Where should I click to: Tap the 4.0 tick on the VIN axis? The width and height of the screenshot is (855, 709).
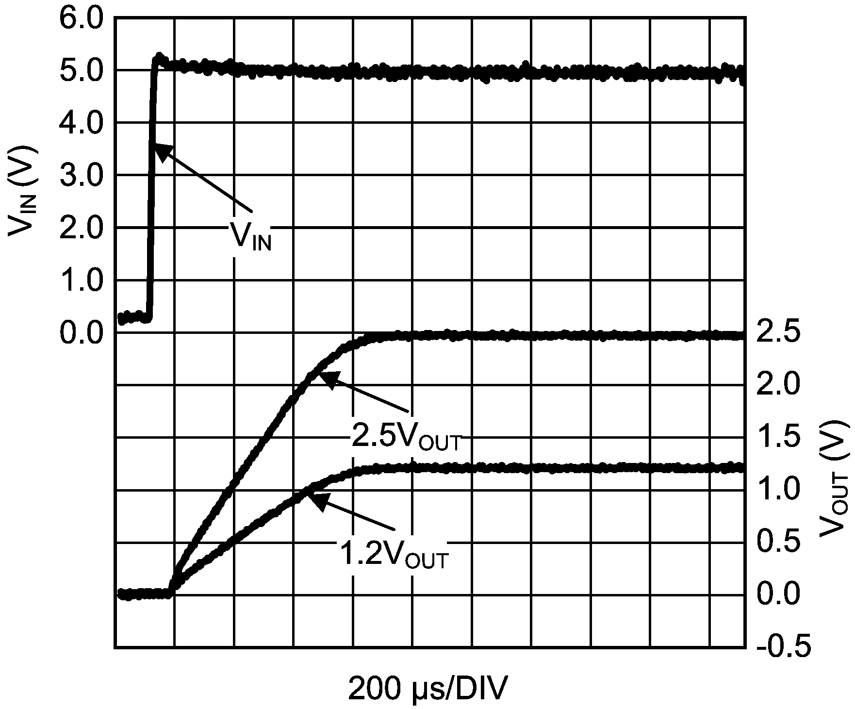81,123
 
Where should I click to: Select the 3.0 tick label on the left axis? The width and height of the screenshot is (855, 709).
81,176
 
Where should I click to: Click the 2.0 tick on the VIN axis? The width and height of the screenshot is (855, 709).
81,228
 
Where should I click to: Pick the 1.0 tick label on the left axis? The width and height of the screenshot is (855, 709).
81,281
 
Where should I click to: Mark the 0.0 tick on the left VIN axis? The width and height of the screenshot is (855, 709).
81,333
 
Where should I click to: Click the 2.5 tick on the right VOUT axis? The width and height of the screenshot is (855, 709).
778,333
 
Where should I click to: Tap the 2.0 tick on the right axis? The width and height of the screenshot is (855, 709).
778,386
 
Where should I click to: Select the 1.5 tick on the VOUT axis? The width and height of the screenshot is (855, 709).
778,438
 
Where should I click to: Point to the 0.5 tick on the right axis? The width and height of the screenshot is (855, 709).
778,542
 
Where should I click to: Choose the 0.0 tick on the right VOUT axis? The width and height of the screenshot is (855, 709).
778,594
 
